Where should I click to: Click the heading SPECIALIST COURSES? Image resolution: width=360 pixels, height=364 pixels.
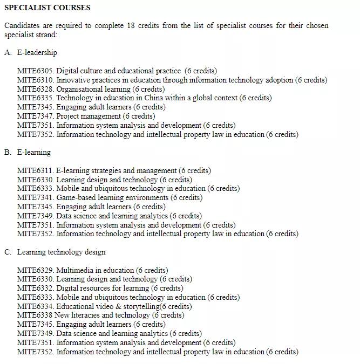47,8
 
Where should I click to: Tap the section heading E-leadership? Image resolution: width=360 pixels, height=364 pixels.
37,52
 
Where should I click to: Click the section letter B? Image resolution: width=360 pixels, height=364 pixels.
7,152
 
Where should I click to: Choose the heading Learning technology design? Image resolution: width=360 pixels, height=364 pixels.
61,252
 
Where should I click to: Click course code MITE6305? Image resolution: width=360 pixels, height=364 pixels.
35,71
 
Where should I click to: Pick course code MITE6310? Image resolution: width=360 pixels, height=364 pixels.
35,80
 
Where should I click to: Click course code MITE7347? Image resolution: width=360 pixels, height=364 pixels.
35,116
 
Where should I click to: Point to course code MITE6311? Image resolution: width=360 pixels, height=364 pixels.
35,170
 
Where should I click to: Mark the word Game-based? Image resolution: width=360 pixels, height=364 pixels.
76,197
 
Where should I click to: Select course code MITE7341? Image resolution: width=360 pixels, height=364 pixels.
35,197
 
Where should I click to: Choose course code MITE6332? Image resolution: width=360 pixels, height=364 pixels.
35,288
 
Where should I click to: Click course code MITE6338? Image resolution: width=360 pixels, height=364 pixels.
35,315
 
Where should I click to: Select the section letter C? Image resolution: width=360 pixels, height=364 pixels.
7,252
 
